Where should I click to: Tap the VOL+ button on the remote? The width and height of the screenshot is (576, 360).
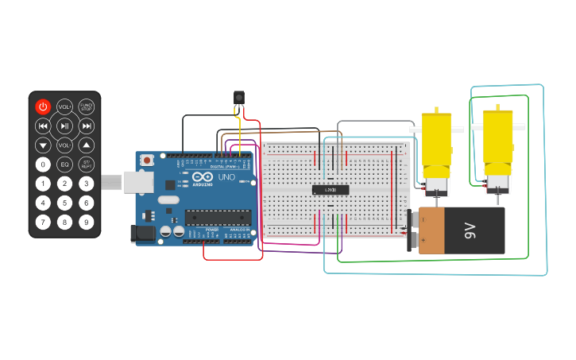click(x=64, y=106)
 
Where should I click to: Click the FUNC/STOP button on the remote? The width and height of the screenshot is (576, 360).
click(x=87, y=106)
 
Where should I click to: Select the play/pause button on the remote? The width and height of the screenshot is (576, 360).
click(x=64, y=126)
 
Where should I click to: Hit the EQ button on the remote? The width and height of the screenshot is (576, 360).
click(x=64, y=165)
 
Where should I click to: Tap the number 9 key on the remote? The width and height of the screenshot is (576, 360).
click(x=87, y=222)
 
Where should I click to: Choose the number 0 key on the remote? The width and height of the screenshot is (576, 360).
click(x=43, y=165)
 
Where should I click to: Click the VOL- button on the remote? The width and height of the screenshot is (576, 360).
click(x=64, y=145)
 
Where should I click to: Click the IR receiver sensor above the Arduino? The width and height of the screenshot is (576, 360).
click(x=238, y=99)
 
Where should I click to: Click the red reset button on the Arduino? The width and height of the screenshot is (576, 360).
click(x=147, y=160)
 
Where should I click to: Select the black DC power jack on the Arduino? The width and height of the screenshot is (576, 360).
click(x=141, y=234)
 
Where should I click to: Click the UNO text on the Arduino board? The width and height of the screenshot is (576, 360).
click(x=226, y=177)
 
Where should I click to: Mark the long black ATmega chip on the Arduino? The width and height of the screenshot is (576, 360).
click(x=218, y=217)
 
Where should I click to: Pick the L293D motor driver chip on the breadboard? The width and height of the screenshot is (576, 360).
click(x=330, y=190)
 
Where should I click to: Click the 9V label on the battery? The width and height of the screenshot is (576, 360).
click(x=470, y=231)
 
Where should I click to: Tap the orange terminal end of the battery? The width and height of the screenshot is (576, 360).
click(x=431, y=230)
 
